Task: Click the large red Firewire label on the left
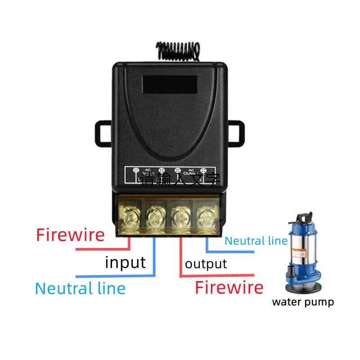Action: (x=70, y=235)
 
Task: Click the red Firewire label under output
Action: (x=229, y=287)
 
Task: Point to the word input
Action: (x=125, y=262)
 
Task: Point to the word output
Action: (x=206, y=264)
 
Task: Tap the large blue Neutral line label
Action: (x=80, y=288)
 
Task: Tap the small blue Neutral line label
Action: (x=256, y=241)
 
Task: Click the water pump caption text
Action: (x=303, y=302)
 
